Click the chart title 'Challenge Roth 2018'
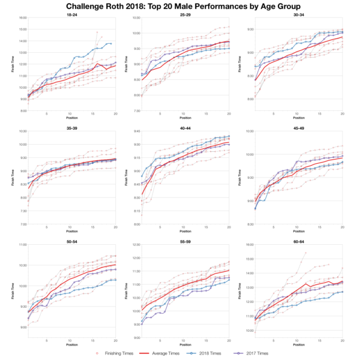point(180,6)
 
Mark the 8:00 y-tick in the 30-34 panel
point(250,100)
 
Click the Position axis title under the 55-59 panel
point(185,344)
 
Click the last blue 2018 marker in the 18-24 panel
point(110,44)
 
